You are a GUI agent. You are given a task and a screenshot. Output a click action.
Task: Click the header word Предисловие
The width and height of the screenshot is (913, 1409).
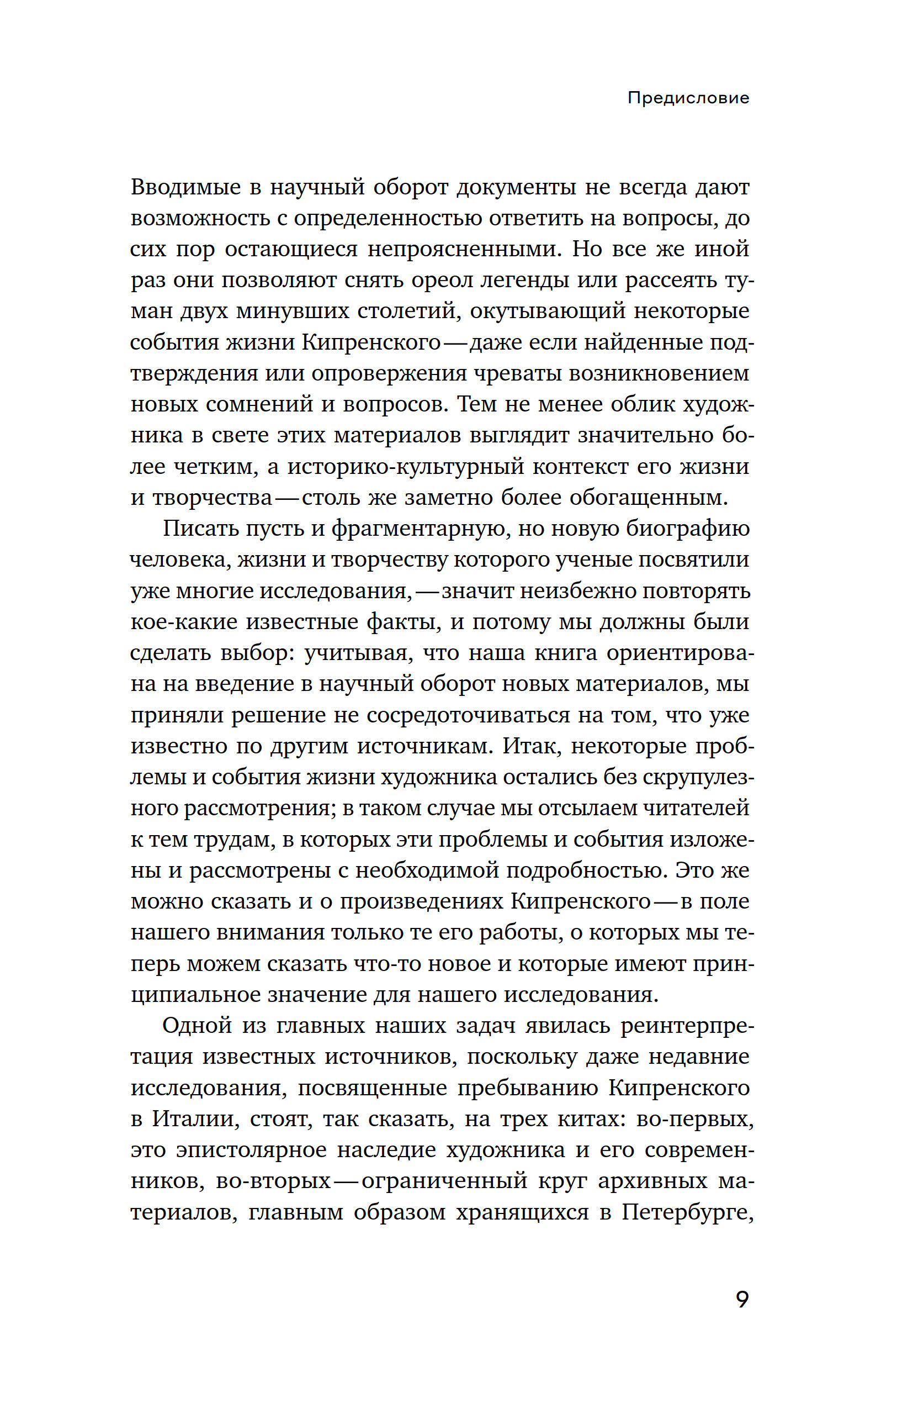pos(688,98)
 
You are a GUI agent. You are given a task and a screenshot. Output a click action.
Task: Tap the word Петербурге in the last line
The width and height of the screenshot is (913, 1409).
pos(686,1212)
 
